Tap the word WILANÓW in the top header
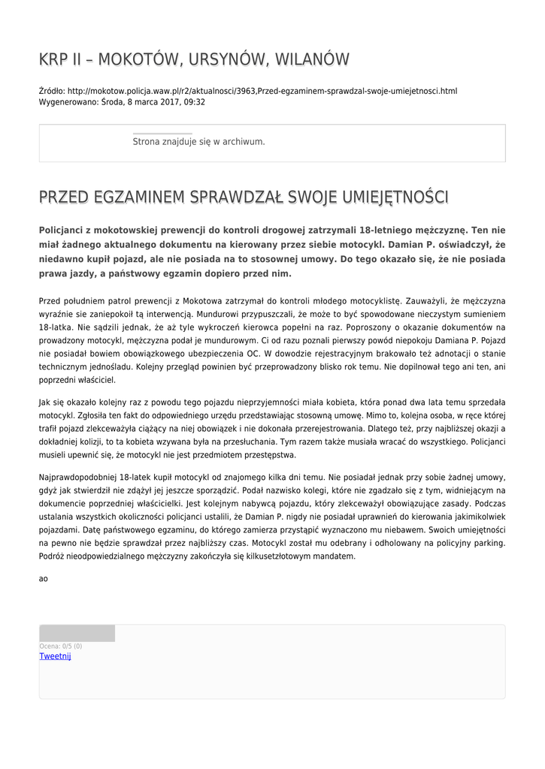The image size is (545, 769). click(x=310, y=59)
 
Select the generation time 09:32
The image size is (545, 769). click(x=192, y=102)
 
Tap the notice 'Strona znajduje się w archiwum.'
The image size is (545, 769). click(x=198, y=141)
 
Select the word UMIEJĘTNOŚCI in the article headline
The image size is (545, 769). click(x=395, y=198)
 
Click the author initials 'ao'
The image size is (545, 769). click(x=44, y=579)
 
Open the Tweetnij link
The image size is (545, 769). click(x=55, y=656)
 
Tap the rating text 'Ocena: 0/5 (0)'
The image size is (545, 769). click(x=61, y=647)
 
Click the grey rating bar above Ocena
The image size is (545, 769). click(x=77, y=634)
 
